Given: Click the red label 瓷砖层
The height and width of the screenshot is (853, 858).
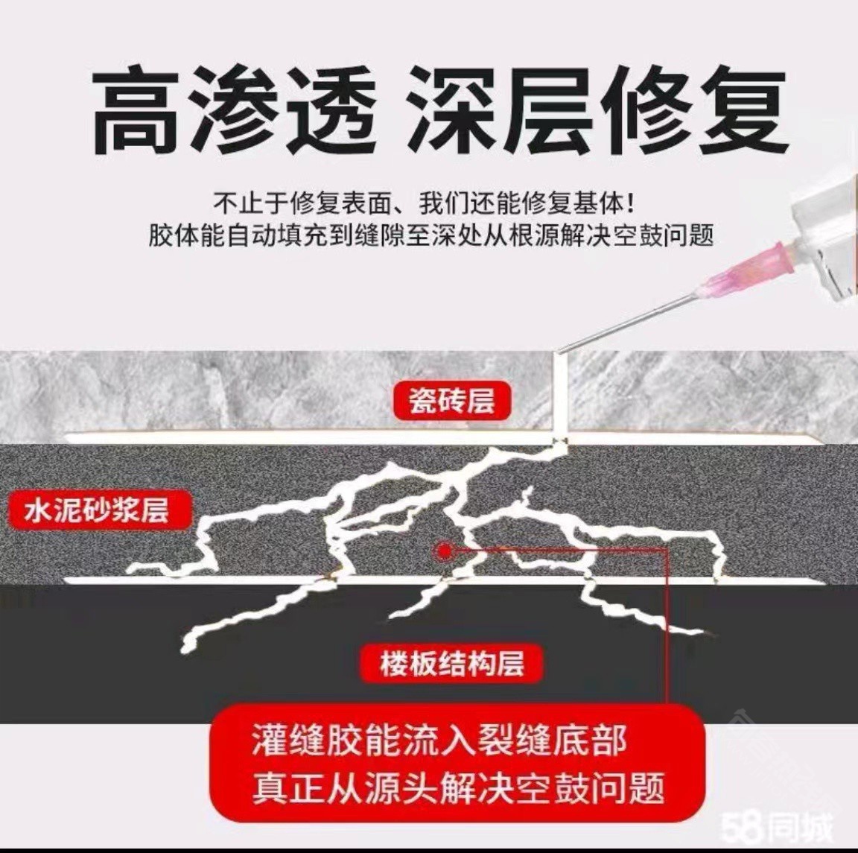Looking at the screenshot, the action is click(x=452, y=402).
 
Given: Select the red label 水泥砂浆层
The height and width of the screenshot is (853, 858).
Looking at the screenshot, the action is click(x=98, y=510).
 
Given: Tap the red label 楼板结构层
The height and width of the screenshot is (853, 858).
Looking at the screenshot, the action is click(x=452, y=664).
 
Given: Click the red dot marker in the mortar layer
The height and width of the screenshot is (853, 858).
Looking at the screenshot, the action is click(x=445, y=551).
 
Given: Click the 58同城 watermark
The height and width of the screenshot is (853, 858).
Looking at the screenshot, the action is click(x=777, y=828).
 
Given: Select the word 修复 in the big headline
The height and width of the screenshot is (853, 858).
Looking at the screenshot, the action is click(x=700, y=110).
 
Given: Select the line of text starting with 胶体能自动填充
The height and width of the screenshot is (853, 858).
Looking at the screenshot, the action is click(x=431, y=236).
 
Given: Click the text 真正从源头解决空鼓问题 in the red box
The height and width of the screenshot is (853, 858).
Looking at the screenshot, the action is click(x=459, y=788).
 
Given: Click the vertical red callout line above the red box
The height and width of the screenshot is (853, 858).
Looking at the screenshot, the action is click(x=667, y=627).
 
